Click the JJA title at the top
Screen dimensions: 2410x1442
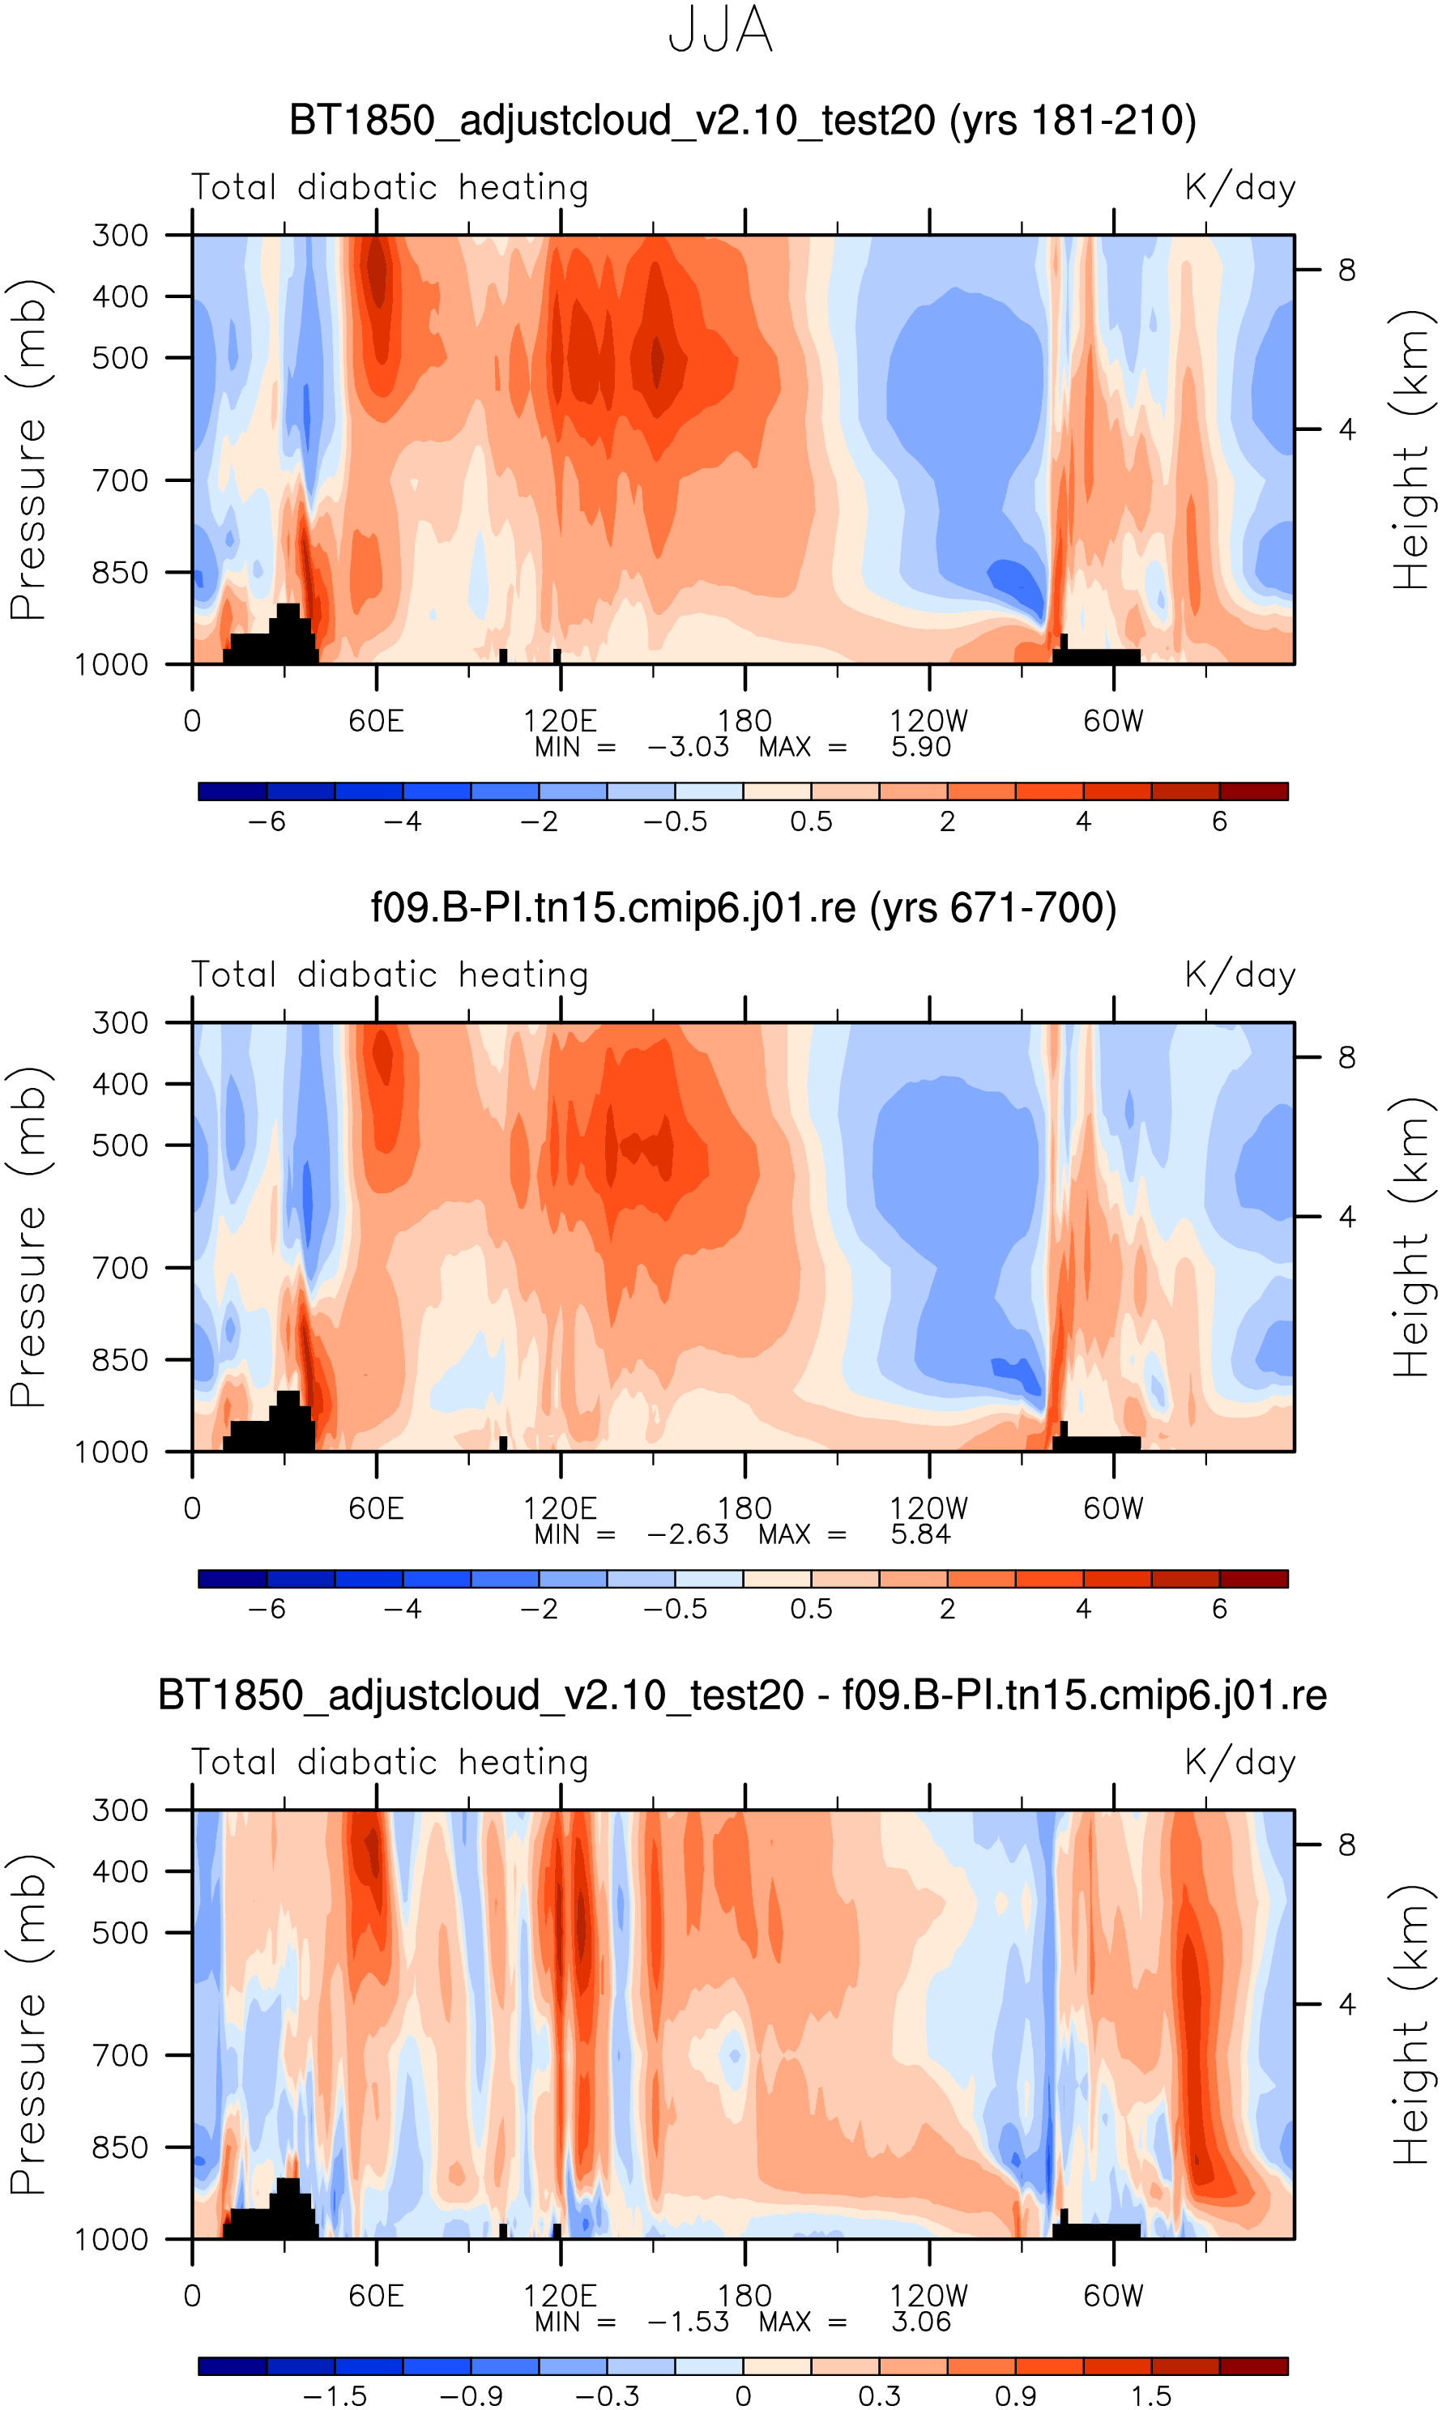coord(720,31)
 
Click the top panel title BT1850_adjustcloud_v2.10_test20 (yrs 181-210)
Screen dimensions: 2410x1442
coord(742,121)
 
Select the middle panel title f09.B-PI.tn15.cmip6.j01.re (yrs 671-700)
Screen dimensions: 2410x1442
coord(744,907)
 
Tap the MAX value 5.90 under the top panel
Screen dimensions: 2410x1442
coord(920,747)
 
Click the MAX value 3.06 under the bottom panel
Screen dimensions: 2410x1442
coord(920,2322)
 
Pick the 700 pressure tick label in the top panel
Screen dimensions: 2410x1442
coord(121,480)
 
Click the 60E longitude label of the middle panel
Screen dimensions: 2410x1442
coord(376,1508)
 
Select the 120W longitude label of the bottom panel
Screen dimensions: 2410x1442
coord(929,2297)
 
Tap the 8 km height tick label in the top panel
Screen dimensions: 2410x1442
coord(1346,270)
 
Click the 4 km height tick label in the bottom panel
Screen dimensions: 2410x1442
coord(1346,2004)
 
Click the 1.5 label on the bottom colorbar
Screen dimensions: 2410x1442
coord(1150,2396)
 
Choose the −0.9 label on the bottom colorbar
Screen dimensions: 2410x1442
coord(471,2396)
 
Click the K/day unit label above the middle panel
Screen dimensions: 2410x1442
coord(1240,975)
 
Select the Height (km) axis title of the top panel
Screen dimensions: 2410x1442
coord(1413,449)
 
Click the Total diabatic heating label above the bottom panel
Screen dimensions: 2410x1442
coord(390,1762)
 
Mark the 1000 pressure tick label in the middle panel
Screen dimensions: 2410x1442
coord(112,1452)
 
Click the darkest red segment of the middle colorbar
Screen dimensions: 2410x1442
coord(1253,1579)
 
